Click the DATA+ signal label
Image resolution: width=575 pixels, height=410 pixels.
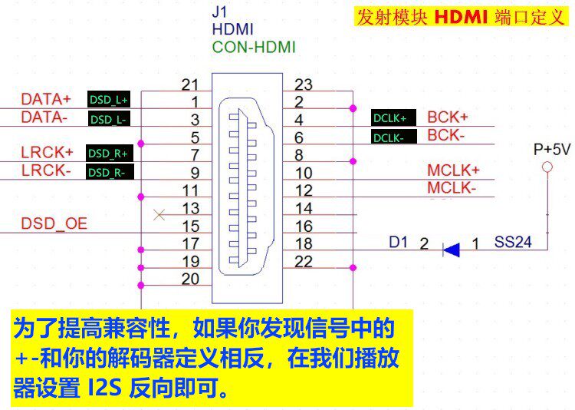[45, 99]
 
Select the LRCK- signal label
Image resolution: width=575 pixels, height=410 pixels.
[46, 170]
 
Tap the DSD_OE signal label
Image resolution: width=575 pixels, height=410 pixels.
[54, 224]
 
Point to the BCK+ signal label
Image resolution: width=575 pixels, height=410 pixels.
[447, 117]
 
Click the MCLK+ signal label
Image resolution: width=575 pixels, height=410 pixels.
[453, 170]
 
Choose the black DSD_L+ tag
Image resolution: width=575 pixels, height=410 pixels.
[109, 100]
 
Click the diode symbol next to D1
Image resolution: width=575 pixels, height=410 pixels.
[452, 249]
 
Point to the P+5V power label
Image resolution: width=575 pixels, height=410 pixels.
[552, 149]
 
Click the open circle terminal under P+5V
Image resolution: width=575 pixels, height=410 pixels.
[547, 167]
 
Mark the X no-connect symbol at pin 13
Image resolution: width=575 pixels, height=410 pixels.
[159, 215]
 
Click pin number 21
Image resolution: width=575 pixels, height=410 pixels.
[191, 84]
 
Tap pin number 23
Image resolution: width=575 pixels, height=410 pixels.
[304, 84]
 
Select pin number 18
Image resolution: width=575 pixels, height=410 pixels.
[304, 243]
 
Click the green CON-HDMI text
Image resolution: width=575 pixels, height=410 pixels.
[254, 47]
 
